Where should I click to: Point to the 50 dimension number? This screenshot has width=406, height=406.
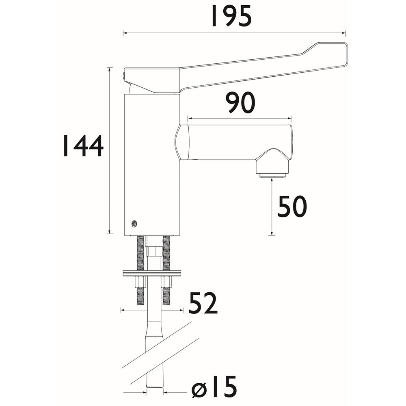[292, 207]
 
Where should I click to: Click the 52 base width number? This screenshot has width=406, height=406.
[203, 303]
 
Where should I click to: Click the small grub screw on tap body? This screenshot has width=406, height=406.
[134, 223]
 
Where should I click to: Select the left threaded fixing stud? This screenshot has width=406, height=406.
[140, 254]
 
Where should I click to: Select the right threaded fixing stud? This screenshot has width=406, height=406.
[166, 254]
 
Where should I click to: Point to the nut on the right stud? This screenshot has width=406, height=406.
[166, 281]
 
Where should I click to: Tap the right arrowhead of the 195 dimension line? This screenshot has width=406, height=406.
[344, 33]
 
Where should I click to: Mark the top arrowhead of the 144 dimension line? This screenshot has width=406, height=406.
[110, 69]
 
